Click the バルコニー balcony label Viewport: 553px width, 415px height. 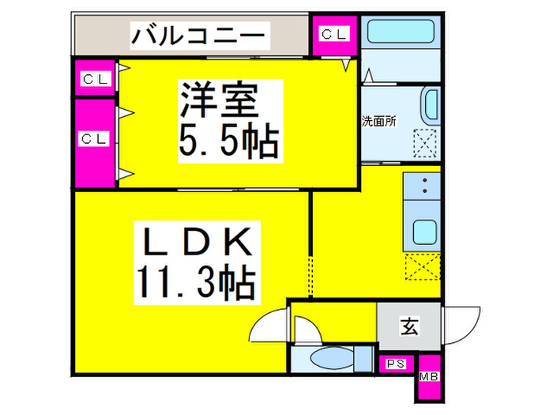pos(198,36)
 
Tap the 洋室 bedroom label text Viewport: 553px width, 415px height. pos(220,100)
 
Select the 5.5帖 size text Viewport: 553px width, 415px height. pos(228,140)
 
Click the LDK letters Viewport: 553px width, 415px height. pos(197,242)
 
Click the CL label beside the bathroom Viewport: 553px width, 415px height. pos(333,34)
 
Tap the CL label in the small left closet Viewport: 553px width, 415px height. pos(95,79)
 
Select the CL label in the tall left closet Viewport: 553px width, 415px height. pos(94,138)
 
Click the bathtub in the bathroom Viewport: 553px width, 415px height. pos(401,31)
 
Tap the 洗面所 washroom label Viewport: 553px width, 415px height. pos(379,122)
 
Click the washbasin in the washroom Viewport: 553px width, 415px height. pos(431,105)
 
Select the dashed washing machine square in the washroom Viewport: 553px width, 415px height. pos(425,143)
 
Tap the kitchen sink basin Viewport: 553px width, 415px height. pos(425,232)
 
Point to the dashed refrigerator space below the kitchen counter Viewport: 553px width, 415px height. pos(423,266)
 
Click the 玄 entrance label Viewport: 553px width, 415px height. pos(409,326)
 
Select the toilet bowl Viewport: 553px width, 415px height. pos(332,358)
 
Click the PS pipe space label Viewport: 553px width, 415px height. pos(396,364)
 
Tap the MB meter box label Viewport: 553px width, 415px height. pos(429,377)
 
